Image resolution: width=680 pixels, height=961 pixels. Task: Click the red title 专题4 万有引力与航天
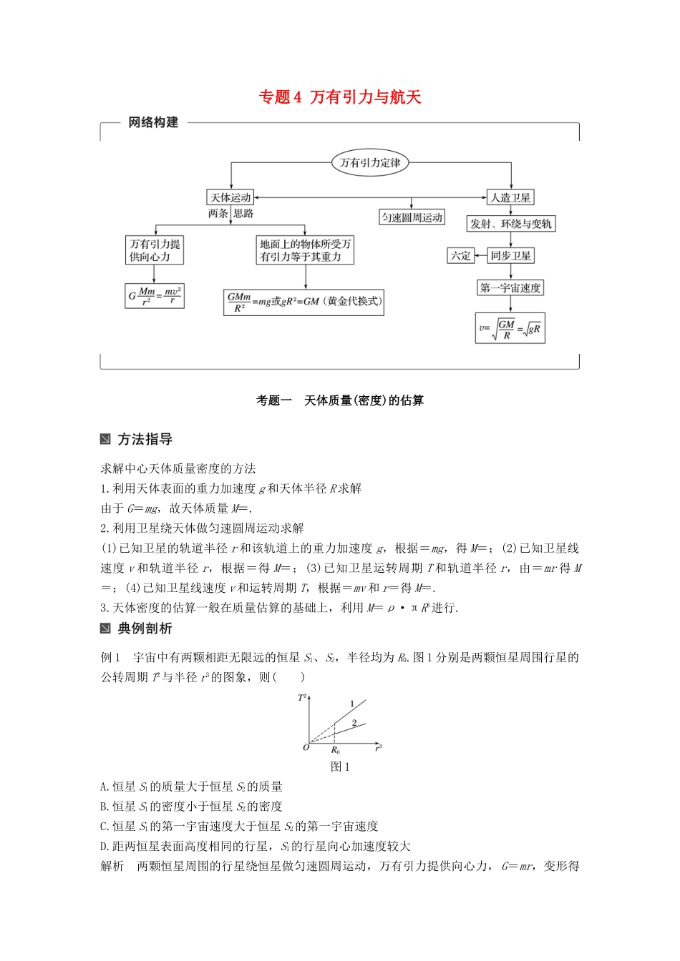[x=340, y=97]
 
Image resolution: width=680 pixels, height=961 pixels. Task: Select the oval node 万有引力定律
[x=370, y=162]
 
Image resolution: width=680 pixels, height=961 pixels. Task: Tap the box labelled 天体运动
[x=230, y=197]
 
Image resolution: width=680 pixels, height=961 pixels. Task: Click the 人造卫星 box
[x=510, y=197]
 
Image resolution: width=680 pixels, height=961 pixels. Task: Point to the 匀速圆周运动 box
[x=412, y=217]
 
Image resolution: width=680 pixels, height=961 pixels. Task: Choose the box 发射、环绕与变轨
[x=510, y=224]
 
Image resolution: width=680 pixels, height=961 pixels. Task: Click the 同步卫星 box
[x=510, y=255]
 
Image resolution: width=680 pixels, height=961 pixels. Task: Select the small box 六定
[x=460, y=255]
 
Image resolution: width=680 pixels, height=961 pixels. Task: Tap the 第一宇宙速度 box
[x=510, y=287]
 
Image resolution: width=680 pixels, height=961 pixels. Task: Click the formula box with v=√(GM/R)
[x=510, y=328]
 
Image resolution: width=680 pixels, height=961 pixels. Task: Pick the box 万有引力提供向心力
[x=155, y=250]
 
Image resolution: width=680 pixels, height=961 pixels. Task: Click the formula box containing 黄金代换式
[x=304, y=302]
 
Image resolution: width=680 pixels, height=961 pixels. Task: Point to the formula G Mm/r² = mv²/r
[x=155, y=295]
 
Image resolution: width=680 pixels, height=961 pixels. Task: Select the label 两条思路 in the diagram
[x=230, y=213]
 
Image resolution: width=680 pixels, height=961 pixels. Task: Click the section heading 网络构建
[x=153, y=122]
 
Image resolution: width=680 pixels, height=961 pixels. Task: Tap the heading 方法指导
[x=145, y=439]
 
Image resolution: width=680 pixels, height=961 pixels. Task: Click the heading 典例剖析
[x=145, y=629]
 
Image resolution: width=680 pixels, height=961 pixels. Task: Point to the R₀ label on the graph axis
[x=335, y=750]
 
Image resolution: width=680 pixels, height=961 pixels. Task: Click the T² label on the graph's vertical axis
[x=303, y=697]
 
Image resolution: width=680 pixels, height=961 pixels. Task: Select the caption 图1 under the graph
[x=340, y=767]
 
